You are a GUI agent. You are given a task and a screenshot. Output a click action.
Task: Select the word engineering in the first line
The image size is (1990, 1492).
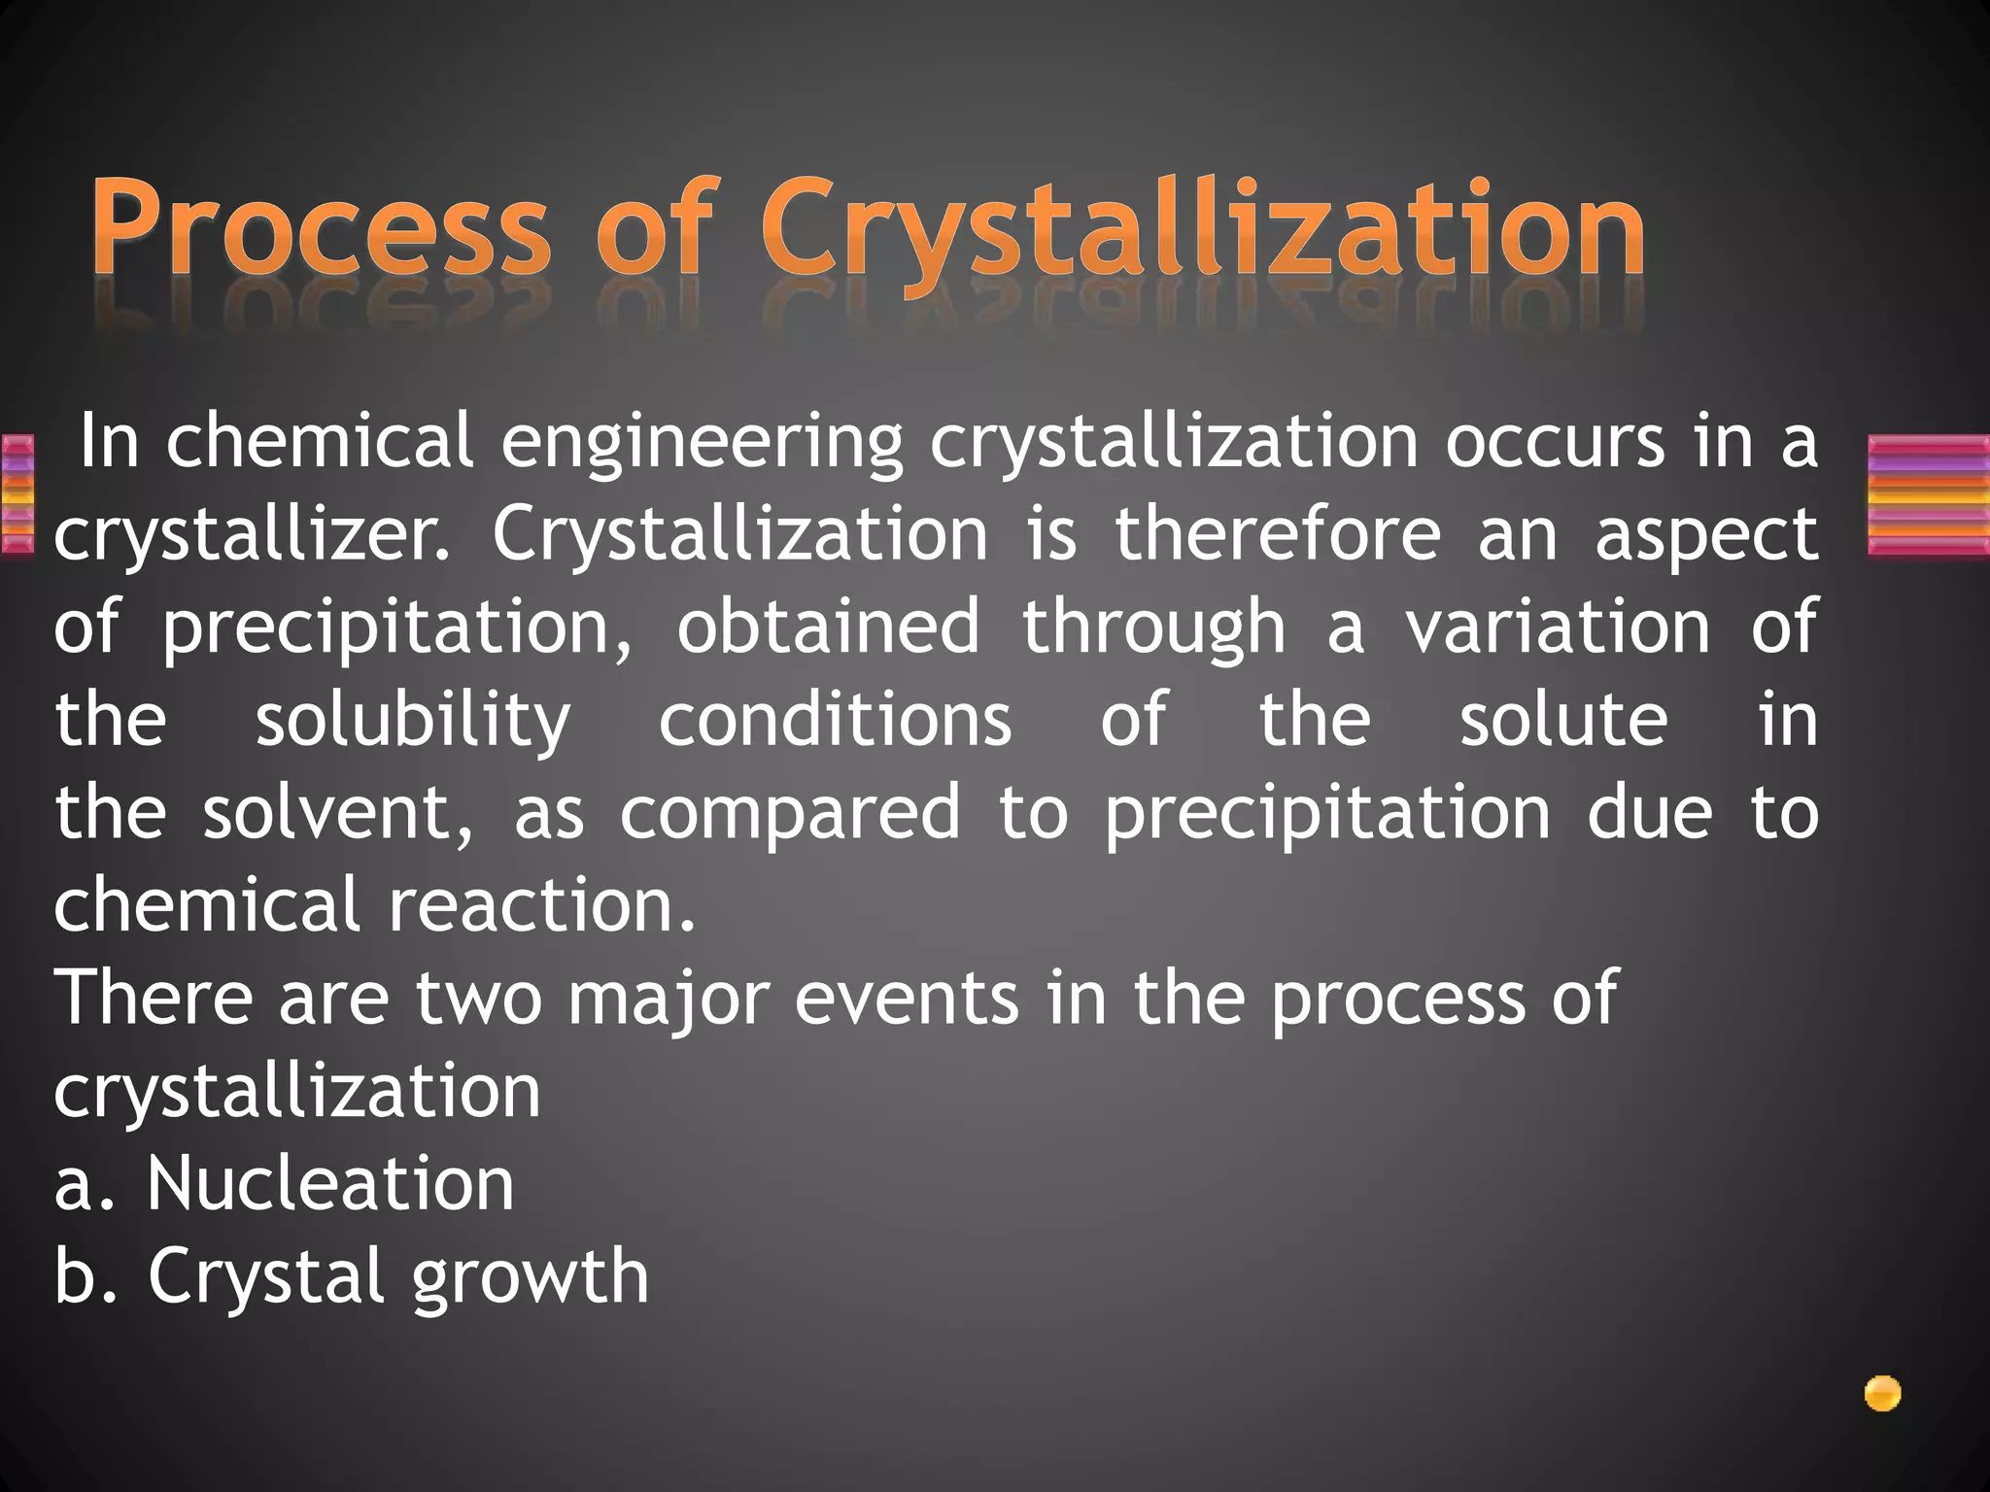(702, 443)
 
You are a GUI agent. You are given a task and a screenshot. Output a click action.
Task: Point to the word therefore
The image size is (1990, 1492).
(1278, 534)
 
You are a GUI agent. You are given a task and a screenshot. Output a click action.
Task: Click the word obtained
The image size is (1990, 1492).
(828, 627)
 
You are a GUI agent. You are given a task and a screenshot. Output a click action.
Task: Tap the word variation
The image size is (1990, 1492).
(1559, 627)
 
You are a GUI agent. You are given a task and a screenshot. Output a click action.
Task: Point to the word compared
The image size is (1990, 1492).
(791, 814)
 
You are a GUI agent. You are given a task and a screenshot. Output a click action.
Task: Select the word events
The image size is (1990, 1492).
(907, 999)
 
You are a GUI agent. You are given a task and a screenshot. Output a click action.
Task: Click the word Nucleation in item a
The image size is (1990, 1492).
(330, 1185)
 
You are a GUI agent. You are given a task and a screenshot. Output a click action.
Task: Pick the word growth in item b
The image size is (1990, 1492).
(531, 1278)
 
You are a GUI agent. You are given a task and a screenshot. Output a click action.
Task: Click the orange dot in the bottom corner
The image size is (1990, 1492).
(1882, 1394)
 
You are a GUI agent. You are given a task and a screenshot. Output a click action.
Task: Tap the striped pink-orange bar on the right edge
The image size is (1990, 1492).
(1928, 495)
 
